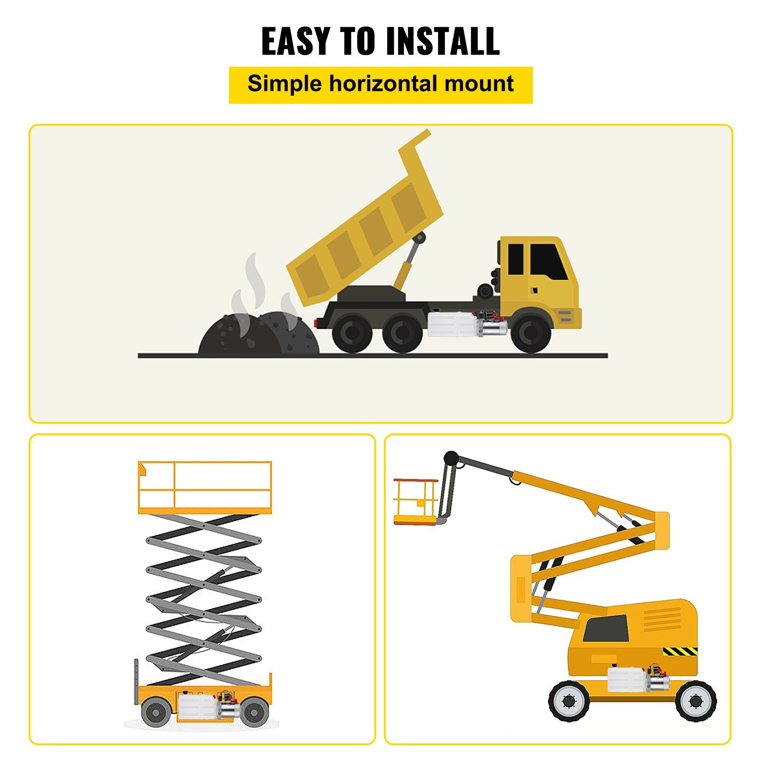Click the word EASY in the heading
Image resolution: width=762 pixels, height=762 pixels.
[296, 41]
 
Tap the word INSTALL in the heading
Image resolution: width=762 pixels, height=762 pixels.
[442, 41]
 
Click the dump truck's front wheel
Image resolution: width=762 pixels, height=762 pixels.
[531, 333]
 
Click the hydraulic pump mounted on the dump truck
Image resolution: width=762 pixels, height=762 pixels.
[467, 323]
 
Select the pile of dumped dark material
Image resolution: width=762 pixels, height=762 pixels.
[259, 332]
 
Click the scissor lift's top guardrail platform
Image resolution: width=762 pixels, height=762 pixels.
[205, 487]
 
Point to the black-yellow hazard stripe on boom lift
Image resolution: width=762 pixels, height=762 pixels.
[680, 651]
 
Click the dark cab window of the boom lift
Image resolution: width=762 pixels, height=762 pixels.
[606, 629]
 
